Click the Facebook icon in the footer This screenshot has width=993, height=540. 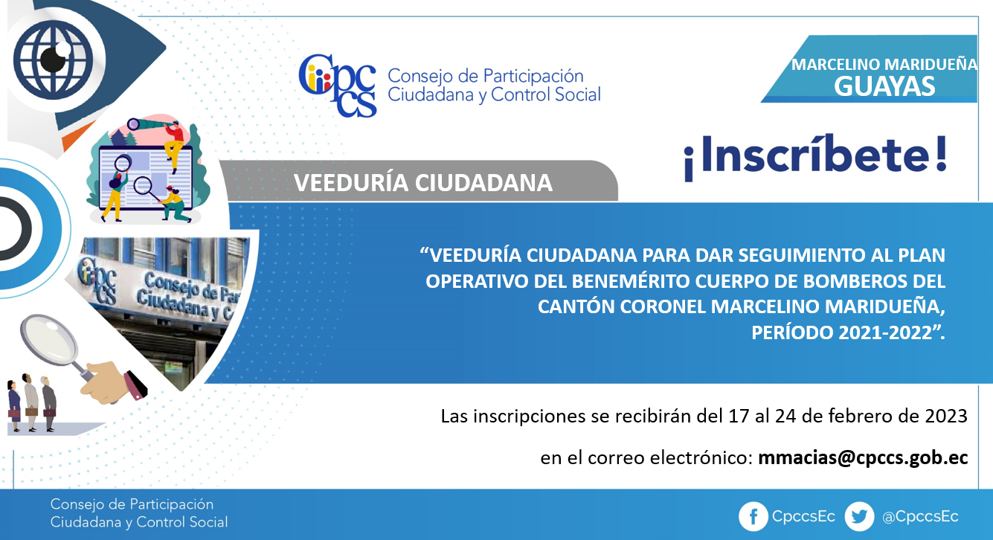(x=753, y=516)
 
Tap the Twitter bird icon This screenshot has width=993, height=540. (x=859, y=516)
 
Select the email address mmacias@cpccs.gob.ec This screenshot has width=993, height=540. (x=863, y=457)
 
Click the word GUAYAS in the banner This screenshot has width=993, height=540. (x=884, y=86)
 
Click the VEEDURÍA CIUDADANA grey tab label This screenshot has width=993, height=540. (x=423, y=183)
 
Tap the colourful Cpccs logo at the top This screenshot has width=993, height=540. (x=338, y=86)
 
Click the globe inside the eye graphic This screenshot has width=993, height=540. (x=54, y=60)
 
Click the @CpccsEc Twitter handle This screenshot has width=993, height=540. (x=920, y=516)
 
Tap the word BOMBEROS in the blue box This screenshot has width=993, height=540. (x=829, y=281)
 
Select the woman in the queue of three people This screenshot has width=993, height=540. (x=14, y=405)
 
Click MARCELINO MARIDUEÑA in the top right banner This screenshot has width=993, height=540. (x=884, y=65)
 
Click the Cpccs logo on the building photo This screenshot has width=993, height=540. (x=97, y=280)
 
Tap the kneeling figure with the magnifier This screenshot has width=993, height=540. (x=176, y=205)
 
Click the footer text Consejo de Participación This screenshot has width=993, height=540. (x=132, y=504)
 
